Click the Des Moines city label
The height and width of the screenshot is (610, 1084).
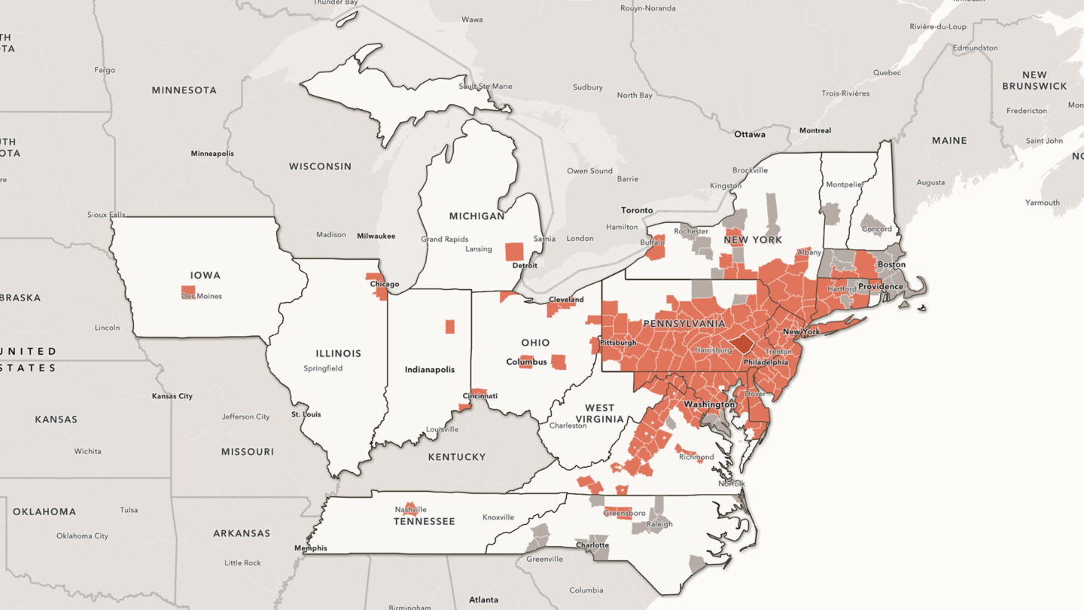click(x=202, y=296)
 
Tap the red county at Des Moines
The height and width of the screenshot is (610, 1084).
click(x=188, y=290)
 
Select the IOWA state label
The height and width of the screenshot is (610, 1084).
click(x=206, y=276)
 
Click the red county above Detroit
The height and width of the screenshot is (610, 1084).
click(x=514, y=251)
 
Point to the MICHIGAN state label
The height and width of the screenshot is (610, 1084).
click(x=477, y=216)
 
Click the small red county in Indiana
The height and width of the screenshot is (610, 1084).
click(x=449, y=326)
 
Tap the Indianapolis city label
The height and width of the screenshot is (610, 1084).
click(x=430, y=370)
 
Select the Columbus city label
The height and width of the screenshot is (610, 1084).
click(x=526, y=362)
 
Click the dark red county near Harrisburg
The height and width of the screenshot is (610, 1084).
click(x=743, y=344)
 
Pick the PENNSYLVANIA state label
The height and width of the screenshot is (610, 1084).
click(x=684, y=324)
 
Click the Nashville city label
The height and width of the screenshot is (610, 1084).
click(x=410, y=510)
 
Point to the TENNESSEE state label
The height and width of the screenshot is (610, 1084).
click(x=425, y=521)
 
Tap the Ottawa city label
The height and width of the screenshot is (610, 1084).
click(x=750, y=135)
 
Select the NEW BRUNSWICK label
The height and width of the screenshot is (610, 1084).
click(x=1034, y=81)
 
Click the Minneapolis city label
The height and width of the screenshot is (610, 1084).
click(x=212, y=154)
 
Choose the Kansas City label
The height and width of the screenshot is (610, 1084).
click(x=172, y=396)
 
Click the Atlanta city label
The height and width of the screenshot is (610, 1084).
click(x=483, y=600)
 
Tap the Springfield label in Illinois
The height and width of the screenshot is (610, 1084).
click(x=323, y=368)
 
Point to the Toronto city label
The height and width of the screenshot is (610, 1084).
click(x=637, y=210)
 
